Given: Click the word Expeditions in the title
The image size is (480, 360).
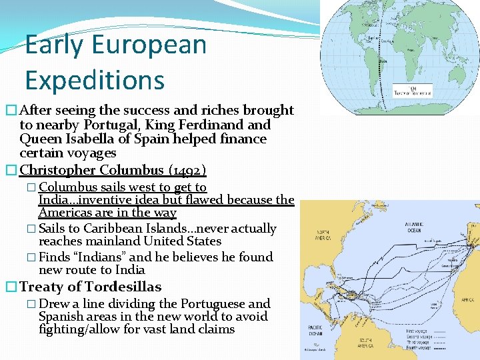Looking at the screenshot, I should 95,80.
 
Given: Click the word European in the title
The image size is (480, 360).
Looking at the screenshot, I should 149,45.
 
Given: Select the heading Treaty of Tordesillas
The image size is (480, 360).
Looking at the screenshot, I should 91,287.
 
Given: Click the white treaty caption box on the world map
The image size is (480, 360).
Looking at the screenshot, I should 412,91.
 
